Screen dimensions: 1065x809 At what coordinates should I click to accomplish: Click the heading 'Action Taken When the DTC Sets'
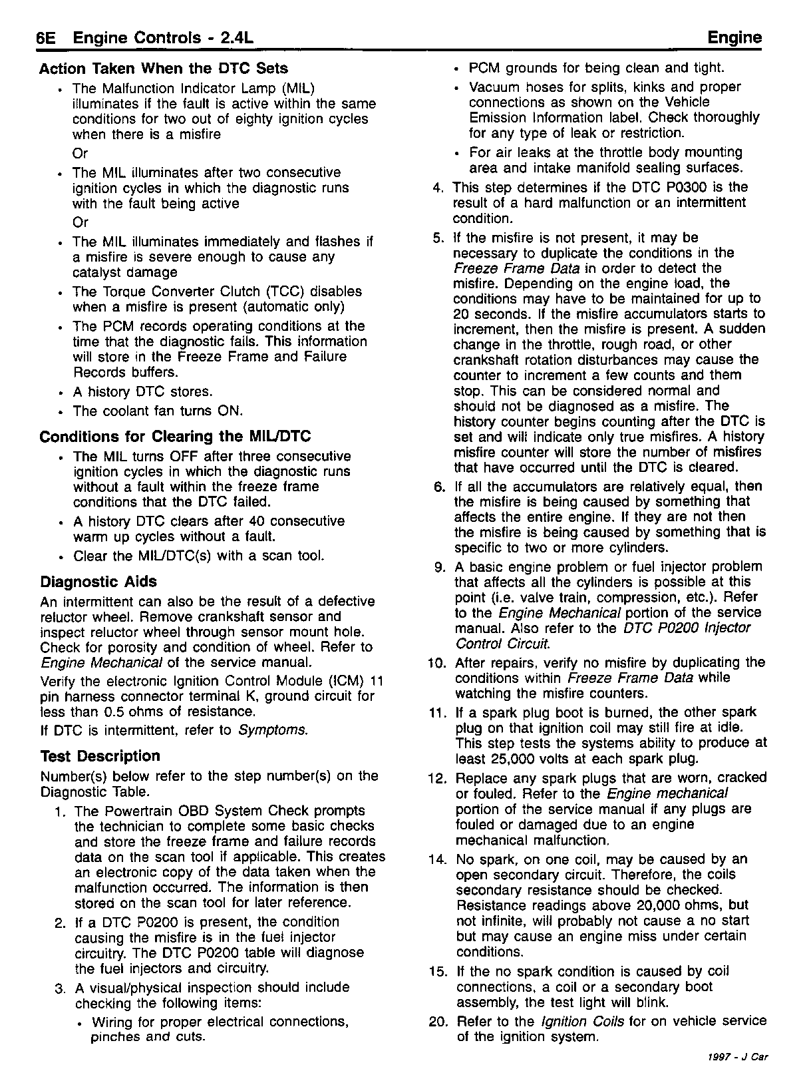(x=164, y=69)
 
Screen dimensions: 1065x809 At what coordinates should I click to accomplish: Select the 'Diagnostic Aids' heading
(x=98, y=582)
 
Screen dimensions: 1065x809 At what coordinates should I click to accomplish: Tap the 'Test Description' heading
(x=100, y=756)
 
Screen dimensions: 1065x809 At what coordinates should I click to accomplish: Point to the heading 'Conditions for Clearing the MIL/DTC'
(x=175, y=437)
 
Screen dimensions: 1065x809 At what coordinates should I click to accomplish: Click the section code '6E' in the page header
(x=49, y=38)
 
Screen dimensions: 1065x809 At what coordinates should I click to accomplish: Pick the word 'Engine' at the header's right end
(x=734, y=38)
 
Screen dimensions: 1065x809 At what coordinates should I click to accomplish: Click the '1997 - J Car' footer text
(x=738, y=1056)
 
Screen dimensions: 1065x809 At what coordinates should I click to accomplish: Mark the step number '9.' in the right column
(x=440, y=566)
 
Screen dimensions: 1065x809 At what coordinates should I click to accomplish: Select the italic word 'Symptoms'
(x=272, y=730)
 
